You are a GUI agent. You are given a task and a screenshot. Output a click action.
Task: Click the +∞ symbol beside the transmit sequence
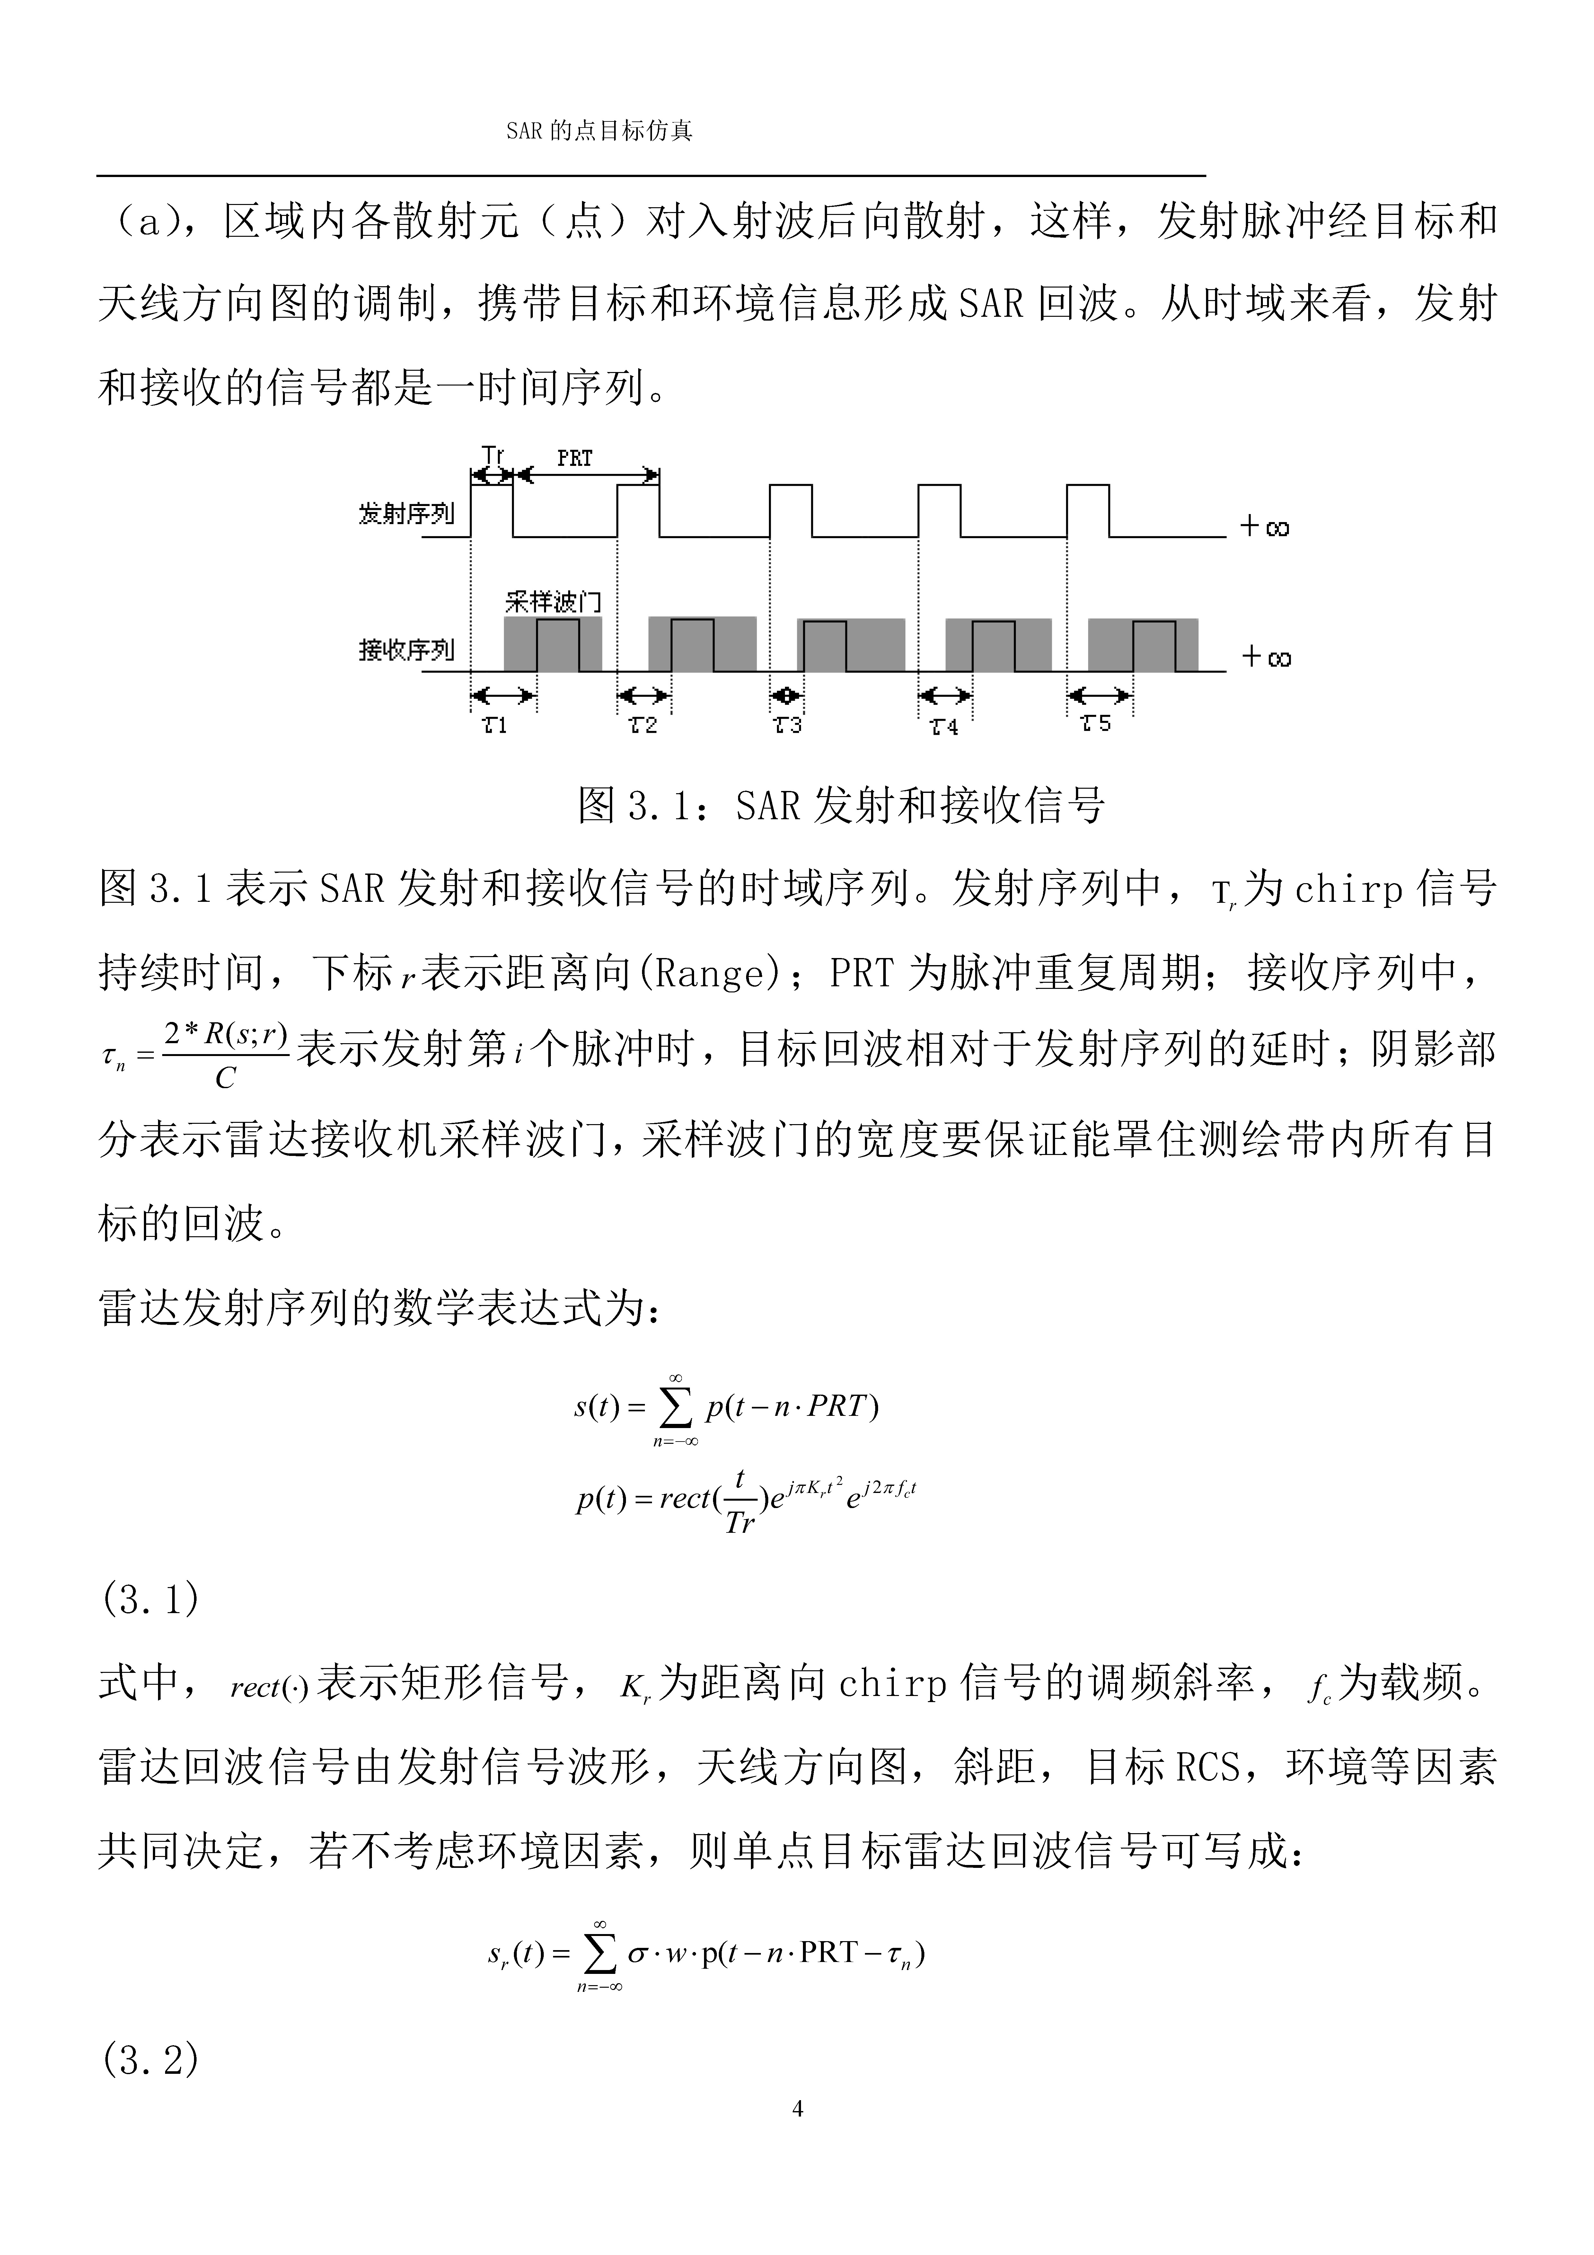point(1265,528)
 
